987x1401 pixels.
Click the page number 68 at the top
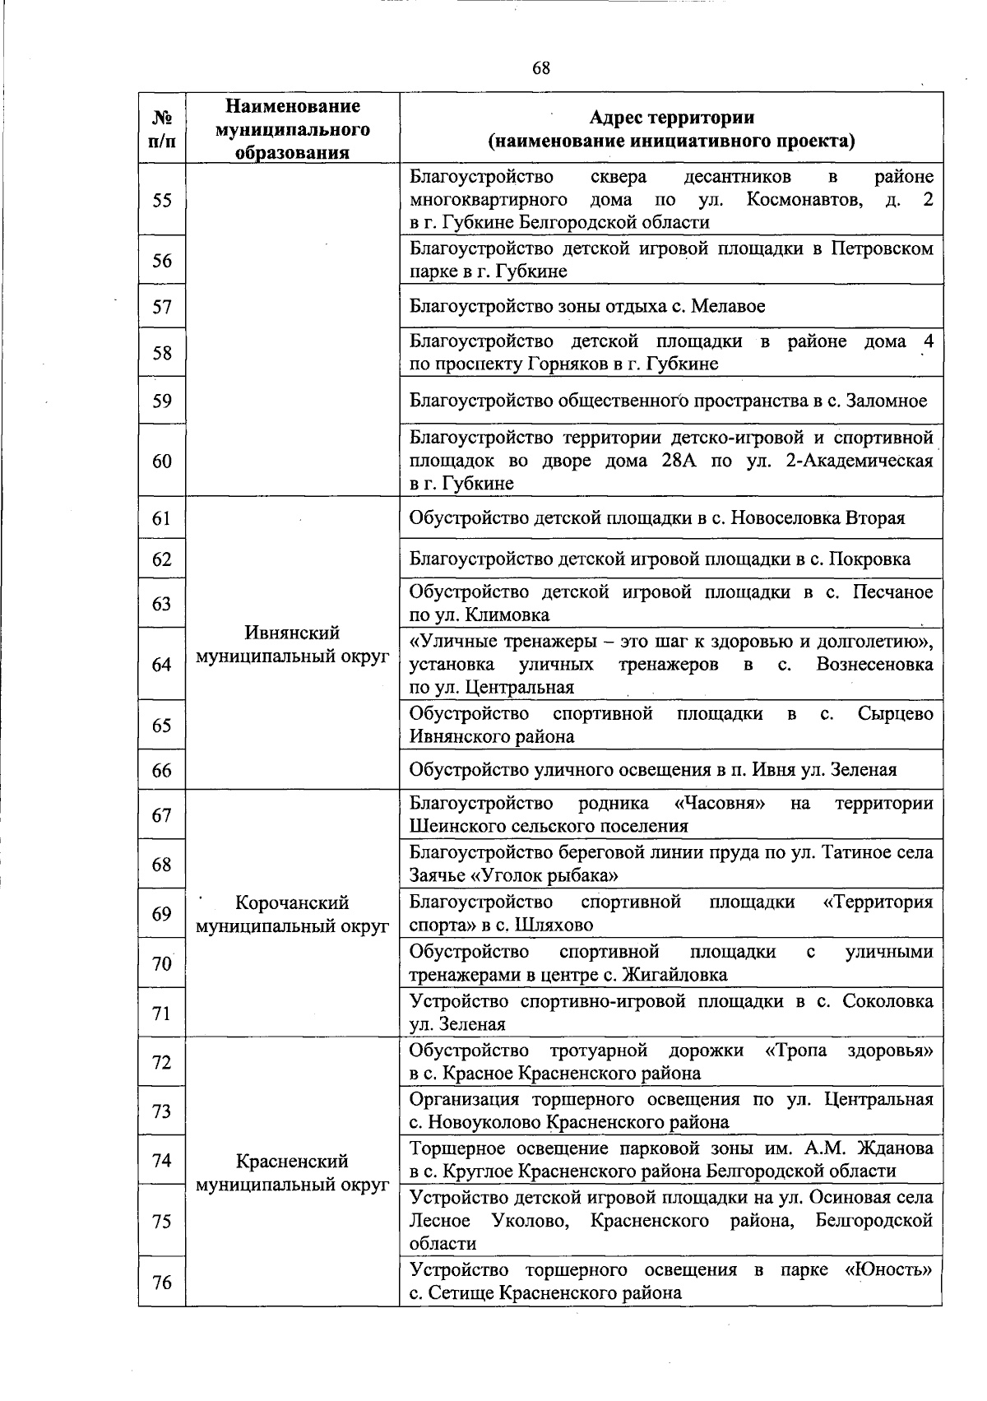(541, 68)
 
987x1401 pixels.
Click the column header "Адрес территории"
(671, 118)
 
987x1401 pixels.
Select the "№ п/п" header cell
(162, 128)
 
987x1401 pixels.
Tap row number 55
(162, 200)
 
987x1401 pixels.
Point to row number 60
(162, 461)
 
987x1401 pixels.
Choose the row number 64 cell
(162, 664)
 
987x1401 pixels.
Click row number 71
(162, 1013)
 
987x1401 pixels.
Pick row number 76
(162, 1282)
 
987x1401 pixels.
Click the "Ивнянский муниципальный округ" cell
(292, 644)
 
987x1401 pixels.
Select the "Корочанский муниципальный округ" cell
(292, 914)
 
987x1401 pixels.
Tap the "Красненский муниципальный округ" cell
(292, 1172)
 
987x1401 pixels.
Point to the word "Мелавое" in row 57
(728, 307)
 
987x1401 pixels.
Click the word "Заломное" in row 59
(885, 401)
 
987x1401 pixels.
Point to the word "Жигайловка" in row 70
(678, 975)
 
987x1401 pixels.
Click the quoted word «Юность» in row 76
(889, 1270)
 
